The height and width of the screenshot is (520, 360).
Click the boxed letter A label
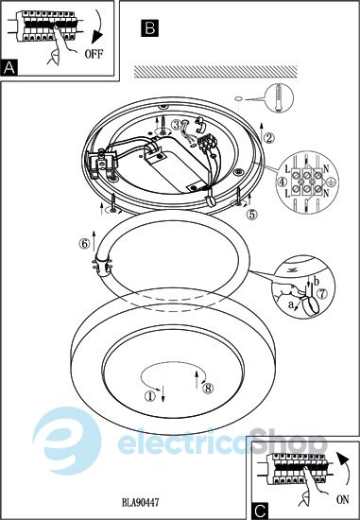pyautogui.click(x=9, y=68)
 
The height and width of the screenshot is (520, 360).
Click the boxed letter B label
pyautogui.click(x=150, y=27)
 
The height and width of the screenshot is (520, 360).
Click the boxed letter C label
pyautogui.click(x=260, y=511)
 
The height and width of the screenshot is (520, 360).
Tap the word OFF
pyautogui.click(x=94, y=54)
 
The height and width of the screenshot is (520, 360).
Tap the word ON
pyautogui.click(x=343, y=499)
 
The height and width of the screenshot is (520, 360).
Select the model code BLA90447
pyautogui.click(x=140, y=502)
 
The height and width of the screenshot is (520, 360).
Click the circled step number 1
pyautogui.click(x=150, y=395)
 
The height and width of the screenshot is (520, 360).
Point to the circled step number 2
pyautogui.click(x=269, y=138)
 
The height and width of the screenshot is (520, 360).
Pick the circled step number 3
pyautogui.click(x=177, y=125)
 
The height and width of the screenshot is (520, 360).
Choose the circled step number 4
pyautogui.click(x=283, y=182)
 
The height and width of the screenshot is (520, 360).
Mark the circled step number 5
pyautogui.click(x=252, y=215)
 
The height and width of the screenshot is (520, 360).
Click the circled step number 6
pyautogui.click(x=84, y=244)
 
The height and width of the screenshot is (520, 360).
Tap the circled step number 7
pyautogui.click(x=322, y=293)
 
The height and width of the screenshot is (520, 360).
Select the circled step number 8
pyautogui.click(x=208, y=388)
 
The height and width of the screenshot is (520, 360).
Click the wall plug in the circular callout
pyautogui.click(x=279, y=97)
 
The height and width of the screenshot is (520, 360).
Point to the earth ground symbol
pyautogui.click(x=329, y=181)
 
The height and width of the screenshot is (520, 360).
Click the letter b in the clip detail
pyautogui.click(x=316, y=283)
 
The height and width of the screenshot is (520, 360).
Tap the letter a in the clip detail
pyautogui.click(x=291, y=304)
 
